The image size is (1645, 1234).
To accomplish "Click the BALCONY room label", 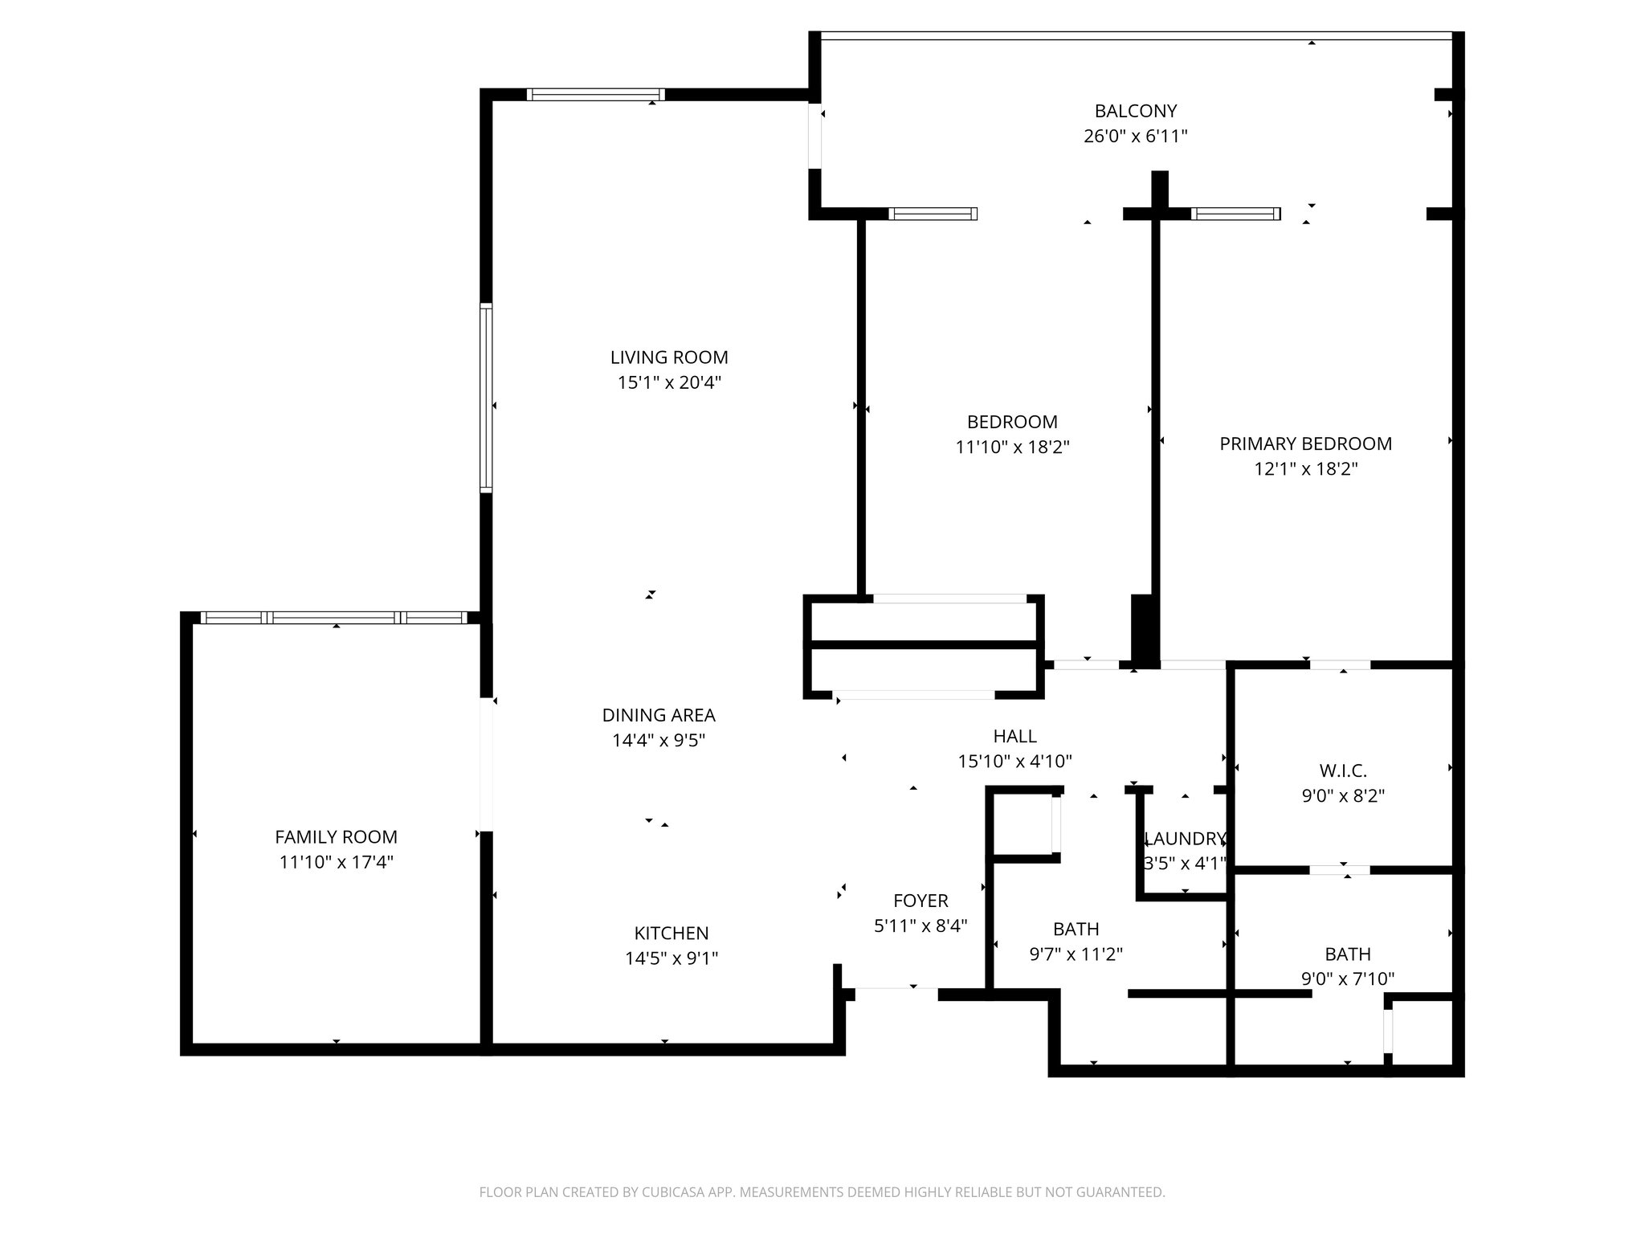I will pyautogui.click(x=1135, y=111).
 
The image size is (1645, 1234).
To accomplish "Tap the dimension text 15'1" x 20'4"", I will pyautogui.click(x=669, y=382).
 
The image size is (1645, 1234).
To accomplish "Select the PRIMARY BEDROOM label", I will pyautogui.click(x=1305, y=443).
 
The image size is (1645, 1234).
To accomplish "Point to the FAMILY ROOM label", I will pyautogui.click(x=336, y=837).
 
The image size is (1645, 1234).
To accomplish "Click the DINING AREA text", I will pyautogui.click(x=659, y=715).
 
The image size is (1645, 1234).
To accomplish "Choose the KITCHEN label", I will pyautogui.click(x=671, y=933).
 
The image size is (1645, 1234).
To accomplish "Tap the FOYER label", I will pyautogui.click(x=920, y=901).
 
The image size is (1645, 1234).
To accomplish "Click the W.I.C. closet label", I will pyautogui.click(x=1343, y=771).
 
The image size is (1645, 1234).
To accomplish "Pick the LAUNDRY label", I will pyautogui.click(x=1185, y=840).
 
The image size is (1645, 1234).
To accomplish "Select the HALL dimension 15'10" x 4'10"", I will pyautogui.click(x=1014, y=761).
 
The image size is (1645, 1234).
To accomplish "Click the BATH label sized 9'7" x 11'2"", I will pyautogui.click(x=1076, y=930).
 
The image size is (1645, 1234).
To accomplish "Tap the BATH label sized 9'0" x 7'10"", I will pyautogui.click(x=1347, y=954).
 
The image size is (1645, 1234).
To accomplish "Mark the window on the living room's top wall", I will pyautogui.click(x=595, y=95).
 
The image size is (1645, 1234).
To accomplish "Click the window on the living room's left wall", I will pyautogui.click(x=486, y=398).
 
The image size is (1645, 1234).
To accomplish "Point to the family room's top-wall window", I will pyautogui.click(x=333, y=617).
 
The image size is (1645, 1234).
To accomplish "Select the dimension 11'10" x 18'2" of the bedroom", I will pyautogui.click(x=1012, y=447).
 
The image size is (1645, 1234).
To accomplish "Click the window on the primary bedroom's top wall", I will pyautogui.click(x=1235, y=214).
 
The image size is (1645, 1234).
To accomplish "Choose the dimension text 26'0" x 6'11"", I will pyautogui.click(x=1135, y=137).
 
